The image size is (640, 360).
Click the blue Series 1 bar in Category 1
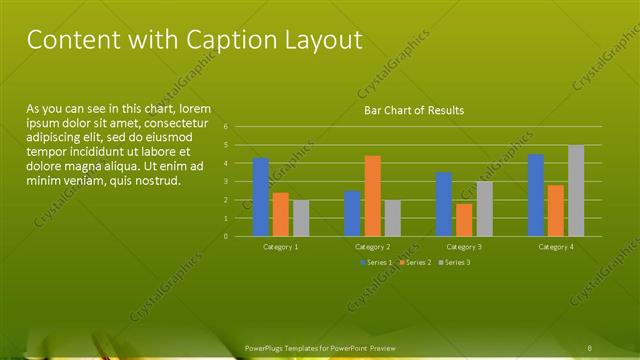tap(260, 197)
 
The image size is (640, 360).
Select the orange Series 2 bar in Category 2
tap(372, 196)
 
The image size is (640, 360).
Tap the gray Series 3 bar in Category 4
tap(576, 191)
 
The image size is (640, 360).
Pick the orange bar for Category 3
tap(464, 220)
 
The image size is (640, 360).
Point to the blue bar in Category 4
tap(536, 195)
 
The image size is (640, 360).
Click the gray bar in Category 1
tap(301, 218)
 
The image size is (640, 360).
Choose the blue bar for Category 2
tap(352, 213)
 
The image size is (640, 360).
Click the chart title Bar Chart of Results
tap(413, 110)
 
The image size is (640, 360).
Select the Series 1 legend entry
tap(377, 262)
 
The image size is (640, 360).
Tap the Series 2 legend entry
tap(414, 262)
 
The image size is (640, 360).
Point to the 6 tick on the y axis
tap(227, 127)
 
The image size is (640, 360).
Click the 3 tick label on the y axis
tap(227, 182)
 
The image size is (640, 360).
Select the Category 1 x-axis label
tap(280, 246)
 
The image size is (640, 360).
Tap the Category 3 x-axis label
tap(464, 246)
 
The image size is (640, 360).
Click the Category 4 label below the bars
tap(556, 246)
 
